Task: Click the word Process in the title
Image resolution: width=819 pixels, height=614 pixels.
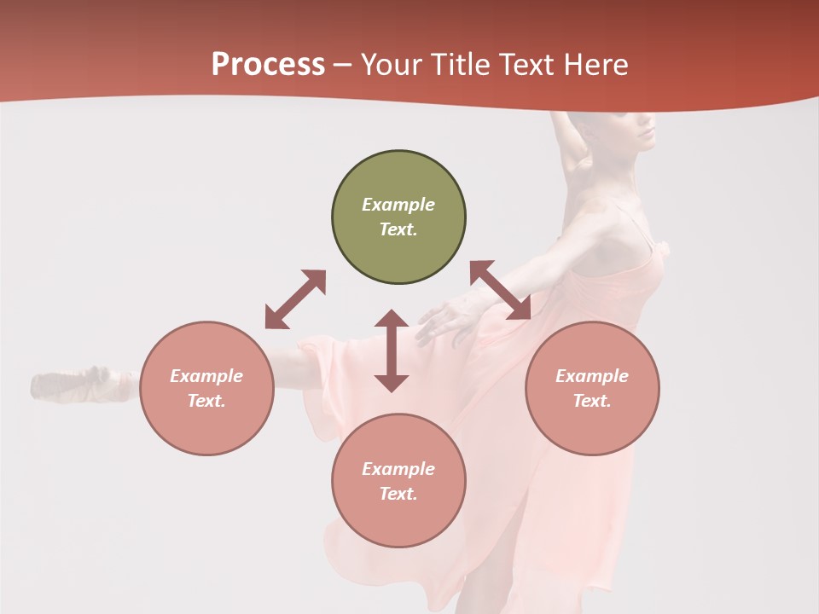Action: (x=268, y=65)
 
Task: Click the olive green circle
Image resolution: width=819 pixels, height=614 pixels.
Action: (x=398, y=217)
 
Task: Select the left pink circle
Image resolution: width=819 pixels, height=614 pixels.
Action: (x=206, y=388)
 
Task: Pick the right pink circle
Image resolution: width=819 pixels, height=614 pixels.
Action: (x=592, y=388)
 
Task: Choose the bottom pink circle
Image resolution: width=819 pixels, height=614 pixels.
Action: (x=398, y=481)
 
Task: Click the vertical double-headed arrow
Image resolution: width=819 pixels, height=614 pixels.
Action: (x=392, y=350)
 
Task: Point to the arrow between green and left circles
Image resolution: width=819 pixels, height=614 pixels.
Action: (x=295, y=299)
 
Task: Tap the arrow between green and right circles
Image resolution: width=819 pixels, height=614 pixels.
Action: (x=501, y=290)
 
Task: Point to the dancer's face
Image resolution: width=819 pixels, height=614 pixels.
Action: (x=640, y=128)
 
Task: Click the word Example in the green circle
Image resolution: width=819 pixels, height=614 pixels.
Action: (x=398, y=205)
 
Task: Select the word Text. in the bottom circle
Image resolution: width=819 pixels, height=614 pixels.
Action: (x=398, y=494)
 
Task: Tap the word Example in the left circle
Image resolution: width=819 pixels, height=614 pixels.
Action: (x=206, y=376)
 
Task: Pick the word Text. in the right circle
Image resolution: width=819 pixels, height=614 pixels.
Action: (x=592, y=401)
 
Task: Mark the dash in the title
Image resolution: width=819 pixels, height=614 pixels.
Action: (x=343, y=65)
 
